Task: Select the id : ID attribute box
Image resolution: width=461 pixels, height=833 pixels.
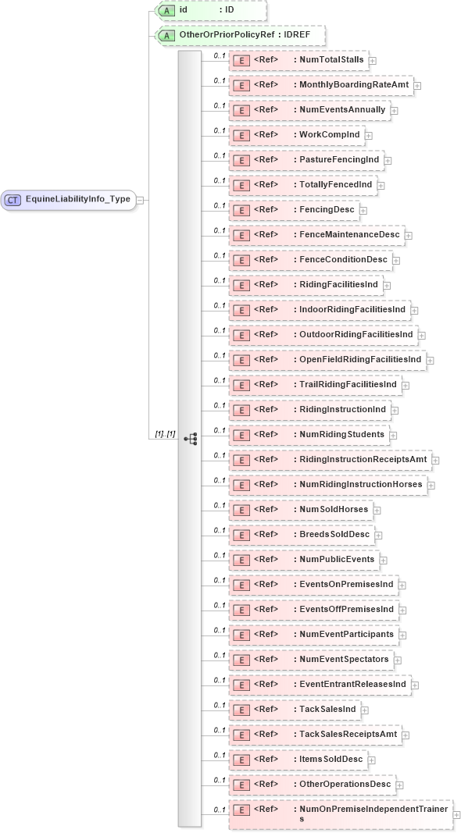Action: click(x=210, y=10)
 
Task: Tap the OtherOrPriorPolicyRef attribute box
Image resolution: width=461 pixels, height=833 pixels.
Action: click(x=240, y=36)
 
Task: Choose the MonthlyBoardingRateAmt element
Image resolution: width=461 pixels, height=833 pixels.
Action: click(x=320, y=84)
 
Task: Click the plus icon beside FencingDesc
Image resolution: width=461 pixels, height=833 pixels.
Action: click(x=363, y=210)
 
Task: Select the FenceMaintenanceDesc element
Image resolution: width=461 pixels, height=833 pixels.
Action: click(x=316, y=234)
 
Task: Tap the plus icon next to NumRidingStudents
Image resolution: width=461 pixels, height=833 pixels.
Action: click(x=394, y=435)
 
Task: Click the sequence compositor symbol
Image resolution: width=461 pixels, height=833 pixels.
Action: click(x=190, y=439)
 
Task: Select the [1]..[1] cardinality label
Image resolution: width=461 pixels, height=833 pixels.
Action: click(x=164, y=433)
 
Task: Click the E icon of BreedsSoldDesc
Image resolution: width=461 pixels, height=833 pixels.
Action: click(x=242, y=534)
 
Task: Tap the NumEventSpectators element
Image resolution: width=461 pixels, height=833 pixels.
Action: click(x=310, y=659)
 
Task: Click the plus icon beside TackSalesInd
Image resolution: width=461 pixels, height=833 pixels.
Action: click(x=365, y=710)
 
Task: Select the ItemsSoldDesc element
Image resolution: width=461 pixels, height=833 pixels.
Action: click(x=297, y=759)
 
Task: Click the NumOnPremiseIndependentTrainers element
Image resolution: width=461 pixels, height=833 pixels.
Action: click(x=340, y=813)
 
